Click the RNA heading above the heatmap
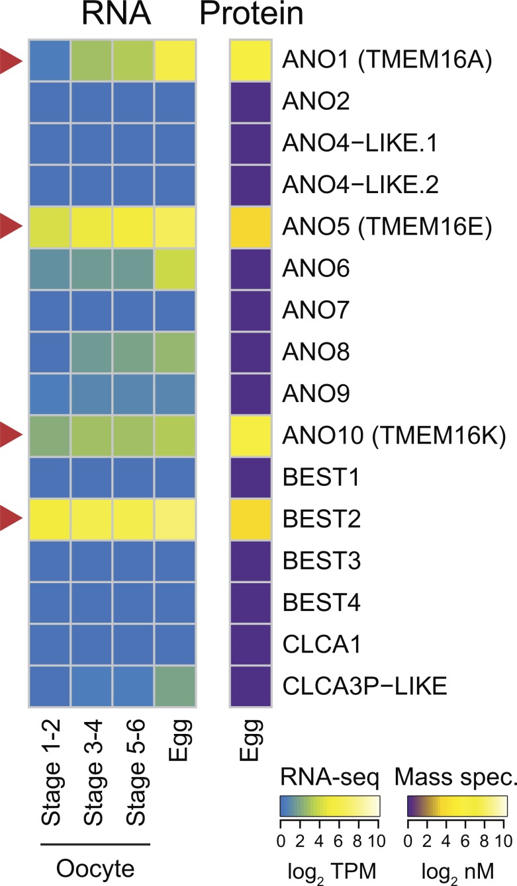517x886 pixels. pos(116,14)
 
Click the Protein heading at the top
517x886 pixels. pos(252,14)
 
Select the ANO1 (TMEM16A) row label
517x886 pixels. pos(387,60)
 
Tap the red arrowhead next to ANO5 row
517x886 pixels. pos(11,227)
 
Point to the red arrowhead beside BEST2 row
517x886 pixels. pos(11,518)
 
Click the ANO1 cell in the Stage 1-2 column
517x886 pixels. pos(50,60)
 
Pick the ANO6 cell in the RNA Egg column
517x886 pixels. pos(175,269)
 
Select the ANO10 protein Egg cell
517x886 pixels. pos(251,436)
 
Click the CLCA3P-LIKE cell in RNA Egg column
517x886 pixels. pos(175,686)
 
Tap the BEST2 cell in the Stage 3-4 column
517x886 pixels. pos(91,519)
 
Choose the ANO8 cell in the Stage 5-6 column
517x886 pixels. pos(134,352)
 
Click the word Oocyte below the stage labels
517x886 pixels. pos(95,869)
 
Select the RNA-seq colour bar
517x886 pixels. pos(330,807)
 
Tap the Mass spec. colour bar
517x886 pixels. pos(457,807)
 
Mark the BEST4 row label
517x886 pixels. pos(322,602)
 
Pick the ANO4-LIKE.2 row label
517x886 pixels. pos(360,184)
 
